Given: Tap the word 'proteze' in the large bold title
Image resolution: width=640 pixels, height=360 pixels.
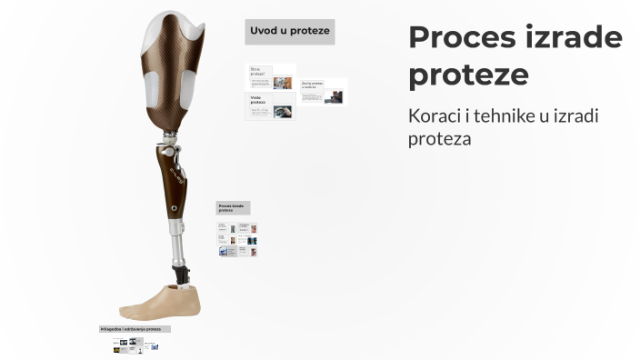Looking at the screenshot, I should (x=467, y=74).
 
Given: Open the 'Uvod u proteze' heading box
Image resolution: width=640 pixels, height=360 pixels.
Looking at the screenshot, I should (x=290, y=32).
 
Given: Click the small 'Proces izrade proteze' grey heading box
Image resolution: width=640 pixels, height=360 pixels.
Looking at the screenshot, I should (x=233, y=208).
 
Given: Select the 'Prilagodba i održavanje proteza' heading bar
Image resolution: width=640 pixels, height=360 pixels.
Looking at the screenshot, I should (x=135, y=328).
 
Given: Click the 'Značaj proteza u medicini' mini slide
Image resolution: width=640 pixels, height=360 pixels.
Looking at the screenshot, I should (x=323, y=92).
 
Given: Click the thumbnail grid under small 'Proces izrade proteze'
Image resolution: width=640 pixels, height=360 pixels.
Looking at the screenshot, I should (x=237, y=240).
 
